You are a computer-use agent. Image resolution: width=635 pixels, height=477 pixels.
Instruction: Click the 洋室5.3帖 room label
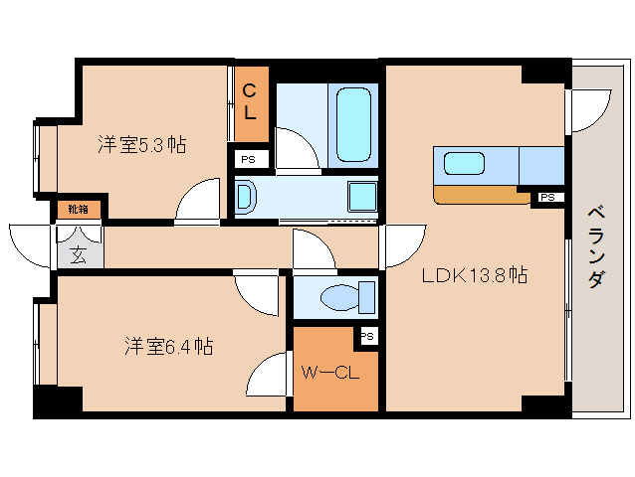[141, 144]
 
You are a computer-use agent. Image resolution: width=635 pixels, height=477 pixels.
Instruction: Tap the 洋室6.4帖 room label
[168, 347]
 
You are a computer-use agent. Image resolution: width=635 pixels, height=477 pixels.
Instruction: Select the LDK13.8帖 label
[474, 277]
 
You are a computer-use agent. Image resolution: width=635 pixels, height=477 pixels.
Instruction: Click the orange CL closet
[251, 103]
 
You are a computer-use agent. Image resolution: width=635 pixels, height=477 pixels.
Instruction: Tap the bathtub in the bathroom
[353, 124]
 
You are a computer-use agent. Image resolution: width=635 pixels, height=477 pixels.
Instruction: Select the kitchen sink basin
[464, 164]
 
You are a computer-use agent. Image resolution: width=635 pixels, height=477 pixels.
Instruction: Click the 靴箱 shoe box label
[78, 210]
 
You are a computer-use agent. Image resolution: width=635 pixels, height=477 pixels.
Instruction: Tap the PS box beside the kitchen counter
[546, 198]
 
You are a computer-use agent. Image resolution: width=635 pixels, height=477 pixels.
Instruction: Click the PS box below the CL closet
[247, 158]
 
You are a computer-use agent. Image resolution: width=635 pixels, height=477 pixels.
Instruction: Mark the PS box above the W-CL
[367, 336]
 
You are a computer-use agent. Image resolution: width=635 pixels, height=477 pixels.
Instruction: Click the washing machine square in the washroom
[362, 196]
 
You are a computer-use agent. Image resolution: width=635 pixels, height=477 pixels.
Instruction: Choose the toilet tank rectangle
[367, 297]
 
